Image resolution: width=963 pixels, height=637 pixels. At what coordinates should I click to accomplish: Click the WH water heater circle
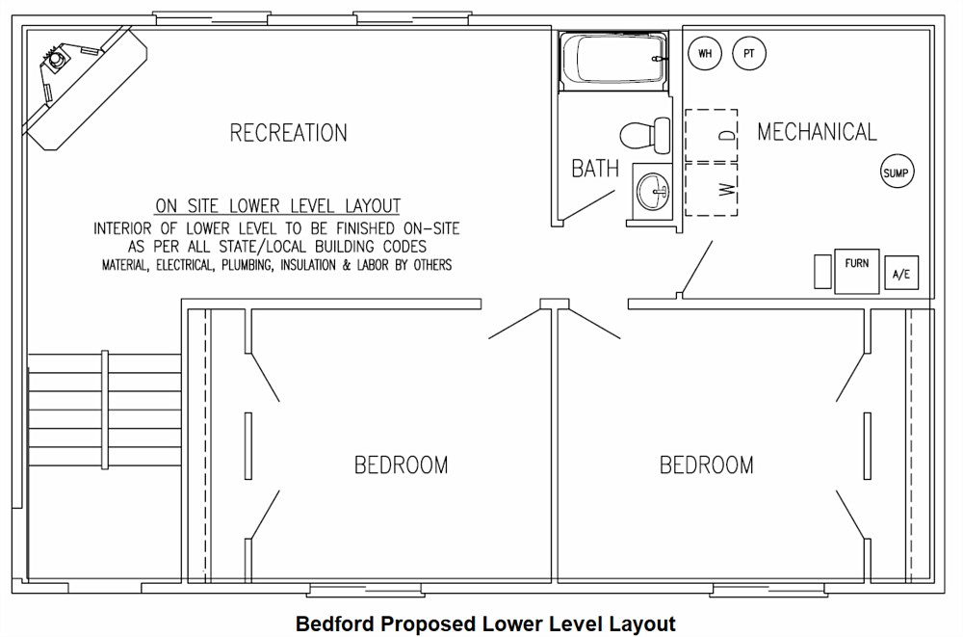[x=705, y=53]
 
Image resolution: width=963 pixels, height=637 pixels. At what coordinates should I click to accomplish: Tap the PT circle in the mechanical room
[x=748, y=53]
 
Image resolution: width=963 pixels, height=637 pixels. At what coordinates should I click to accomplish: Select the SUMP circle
[x=896, y=173]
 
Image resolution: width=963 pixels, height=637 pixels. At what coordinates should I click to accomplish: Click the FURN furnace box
[x=856, y=271]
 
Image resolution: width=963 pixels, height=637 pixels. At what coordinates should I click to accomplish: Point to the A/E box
[x=901, y=273]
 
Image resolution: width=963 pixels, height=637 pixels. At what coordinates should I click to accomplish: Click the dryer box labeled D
[x=712, y=135]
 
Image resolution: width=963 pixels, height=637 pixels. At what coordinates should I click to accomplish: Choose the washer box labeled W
[x=712, y=190]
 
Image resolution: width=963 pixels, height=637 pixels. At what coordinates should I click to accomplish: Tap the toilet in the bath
[x=645, y=135]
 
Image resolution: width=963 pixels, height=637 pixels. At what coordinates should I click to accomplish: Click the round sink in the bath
[x=652, y=190]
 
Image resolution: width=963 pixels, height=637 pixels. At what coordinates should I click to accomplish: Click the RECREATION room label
[x=288, y=133]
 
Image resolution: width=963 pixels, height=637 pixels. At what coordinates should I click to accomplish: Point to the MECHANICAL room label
[x=817, y=132]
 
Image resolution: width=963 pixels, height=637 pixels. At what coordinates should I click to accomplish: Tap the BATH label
[x=595, y=169]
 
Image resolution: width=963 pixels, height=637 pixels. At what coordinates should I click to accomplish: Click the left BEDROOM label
[x=401, y=464]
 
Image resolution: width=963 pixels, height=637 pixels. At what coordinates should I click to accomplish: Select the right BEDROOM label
[x=706, y=464]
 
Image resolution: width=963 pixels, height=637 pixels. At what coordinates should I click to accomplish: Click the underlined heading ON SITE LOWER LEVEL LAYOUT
[x=277, y=206]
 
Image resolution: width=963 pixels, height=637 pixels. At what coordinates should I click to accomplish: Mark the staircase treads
[x=104, y=411]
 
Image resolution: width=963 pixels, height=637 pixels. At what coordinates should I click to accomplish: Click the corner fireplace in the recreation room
[x=86, y=86]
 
